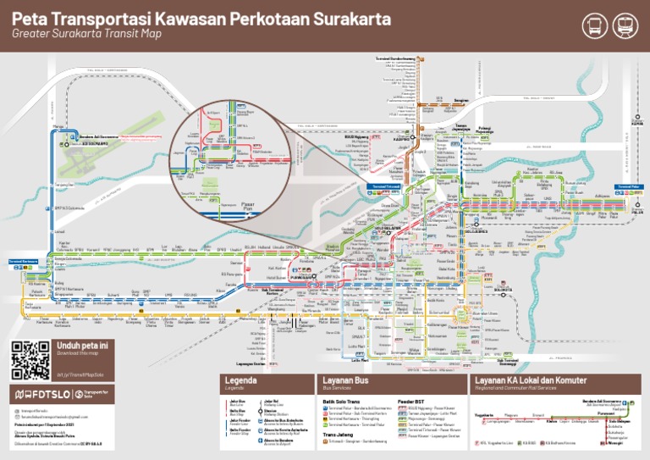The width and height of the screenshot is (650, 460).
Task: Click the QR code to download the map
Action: click(x=30, y=360)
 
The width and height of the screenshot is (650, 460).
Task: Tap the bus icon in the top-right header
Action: click(x=595, y=25)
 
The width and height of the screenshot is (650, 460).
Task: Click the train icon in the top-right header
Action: click(x=625, y=25)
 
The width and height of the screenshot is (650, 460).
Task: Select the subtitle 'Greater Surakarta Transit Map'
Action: click(x=86, y=34)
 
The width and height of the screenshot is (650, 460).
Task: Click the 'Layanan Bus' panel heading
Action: click(x=344, y=380)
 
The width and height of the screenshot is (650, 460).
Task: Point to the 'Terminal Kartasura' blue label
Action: click(x=23, y=261)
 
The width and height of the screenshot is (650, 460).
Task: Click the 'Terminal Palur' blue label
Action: click(x=628, y=186)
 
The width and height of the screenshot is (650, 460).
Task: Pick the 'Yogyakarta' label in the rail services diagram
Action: click(x=485, y=415)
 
